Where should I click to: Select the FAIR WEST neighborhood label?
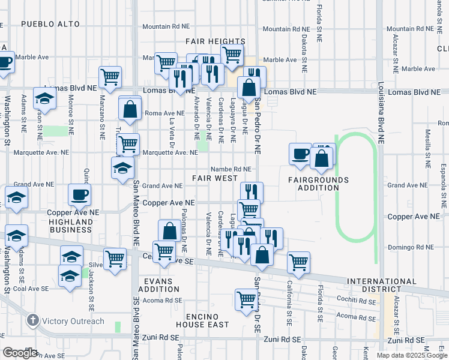coord(214,178)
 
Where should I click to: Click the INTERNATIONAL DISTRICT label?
coord(381,286)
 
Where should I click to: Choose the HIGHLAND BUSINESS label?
coord(71,226)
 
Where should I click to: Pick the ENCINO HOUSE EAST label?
coord(198,320)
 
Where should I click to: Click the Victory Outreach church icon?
coord(32,321)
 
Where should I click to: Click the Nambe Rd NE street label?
coord(230,169)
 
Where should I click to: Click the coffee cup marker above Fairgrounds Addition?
coord(300,155)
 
